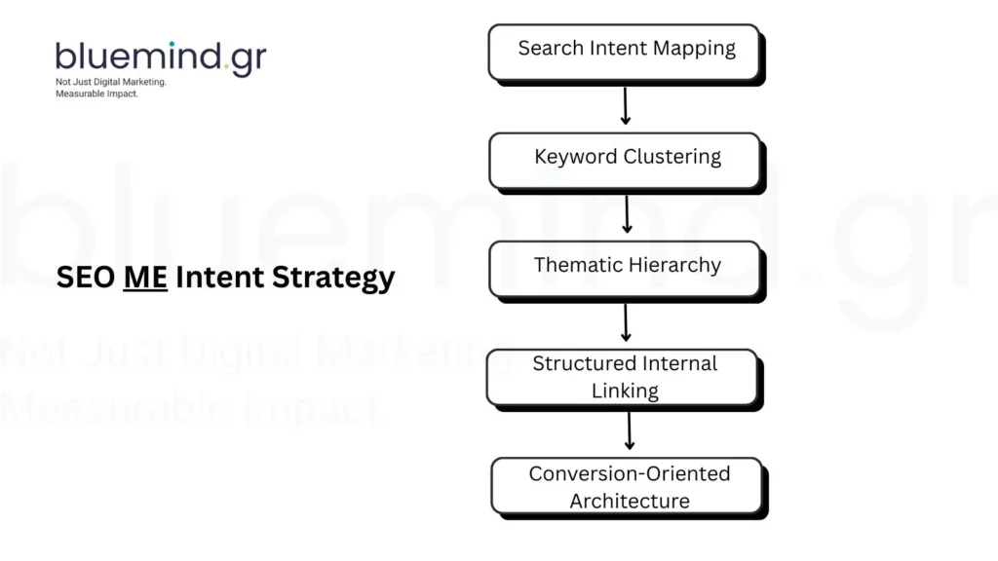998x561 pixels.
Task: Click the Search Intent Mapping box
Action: pos(625,52)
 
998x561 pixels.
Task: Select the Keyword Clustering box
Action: pos(625,160)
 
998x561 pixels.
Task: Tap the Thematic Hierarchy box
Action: pos(625,268)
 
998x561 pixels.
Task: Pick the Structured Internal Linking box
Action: pos(624,377)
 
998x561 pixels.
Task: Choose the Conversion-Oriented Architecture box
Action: pos(629,487)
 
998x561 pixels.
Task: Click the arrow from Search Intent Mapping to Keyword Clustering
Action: pos(626,105)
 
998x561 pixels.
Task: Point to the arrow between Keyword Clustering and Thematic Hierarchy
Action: pos(627,213)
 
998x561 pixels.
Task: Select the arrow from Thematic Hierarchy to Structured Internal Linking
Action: pos(627,321)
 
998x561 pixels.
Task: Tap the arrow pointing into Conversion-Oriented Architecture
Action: pos(630,430)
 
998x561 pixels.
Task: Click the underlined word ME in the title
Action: pos(145,278)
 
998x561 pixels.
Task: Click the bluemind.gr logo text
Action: pos(160,57)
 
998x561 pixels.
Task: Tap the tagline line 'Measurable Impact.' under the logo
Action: pos(97,93)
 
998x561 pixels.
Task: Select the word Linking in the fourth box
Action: pos(625,391)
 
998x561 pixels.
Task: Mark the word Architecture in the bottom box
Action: pos(629,501)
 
